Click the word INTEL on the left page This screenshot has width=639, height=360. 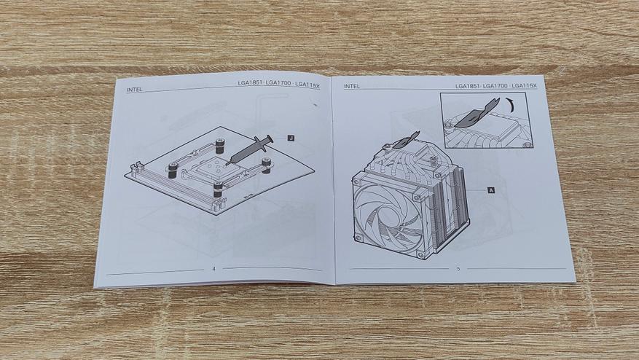pos(135,90)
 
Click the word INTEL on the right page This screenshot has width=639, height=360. pos(352,87)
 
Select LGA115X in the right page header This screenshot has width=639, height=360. pos(525,86)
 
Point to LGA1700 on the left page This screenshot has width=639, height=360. pos(279,84)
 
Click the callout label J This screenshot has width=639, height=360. pos(291,138)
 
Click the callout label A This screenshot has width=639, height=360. pos(491,190)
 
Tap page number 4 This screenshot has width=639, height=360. pos(213,269)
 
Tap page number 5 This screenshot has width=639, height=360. pos(458,269)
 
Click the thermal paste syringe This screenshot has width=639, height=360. pos(248,150)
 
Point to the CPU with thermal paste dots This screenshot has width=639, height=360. pos(213,167)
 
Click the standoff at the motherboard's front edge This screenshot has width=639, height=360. pos(218,189)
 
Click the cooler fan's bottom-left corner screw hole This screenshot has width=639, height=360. pos(358,238)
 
